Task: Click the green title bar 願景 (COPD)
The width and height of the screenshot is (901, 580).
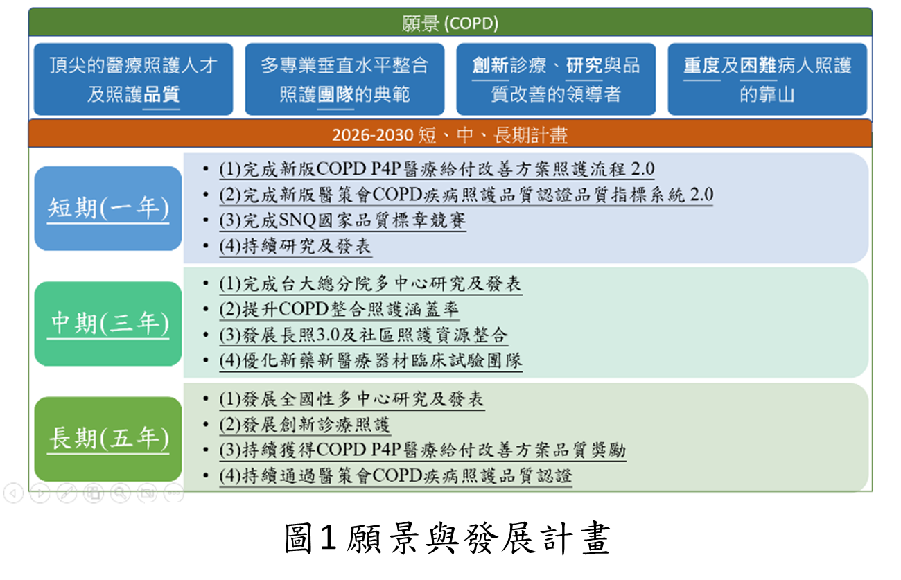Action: click(450, 24)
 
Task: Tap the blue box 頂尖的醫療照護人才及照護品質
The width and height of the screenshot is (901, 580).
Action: click(133, 79)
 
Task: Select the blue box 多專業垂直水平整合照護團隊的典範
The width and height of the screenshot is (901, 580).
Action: click(344, 79)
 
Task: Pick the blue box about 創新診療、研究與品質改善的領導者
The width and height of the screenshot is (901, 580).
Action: click(555, 79)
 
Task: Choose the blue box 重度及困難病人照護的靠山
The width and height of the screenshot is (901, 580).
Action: click(767, 79)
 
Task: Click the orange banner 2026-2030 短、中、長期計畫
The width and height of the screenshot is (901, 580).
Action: click(450, 134)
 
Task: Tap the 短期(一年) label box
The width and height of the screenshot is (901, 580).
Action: click(108, 209)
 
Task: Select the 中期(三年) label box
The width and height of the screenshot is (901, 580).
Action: click(108, 323)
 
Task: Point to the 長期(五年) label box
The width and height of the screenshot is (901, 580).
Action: click(108, 439)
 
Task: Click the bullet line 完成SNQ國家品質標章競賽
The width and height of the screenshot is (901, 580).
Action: click(342, 221)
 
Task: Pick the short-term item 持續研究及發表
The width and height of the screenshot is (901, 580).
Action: click(295, 246)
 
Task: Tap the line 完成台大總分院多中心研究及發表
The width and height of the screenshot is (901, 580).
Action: click(370, 284)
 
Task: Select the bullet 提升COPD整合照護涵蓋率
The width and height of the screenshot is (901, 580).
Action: click(339, 310)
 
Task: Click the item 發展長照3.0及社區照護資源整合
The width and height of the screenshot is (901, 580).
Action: click(363, 335)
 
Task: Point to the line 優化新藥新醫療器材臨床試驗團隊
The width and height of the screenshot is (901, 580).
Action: click(370, 361)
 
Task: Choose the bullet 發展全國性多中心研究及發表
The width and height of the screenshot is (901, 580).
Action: click(351, 399)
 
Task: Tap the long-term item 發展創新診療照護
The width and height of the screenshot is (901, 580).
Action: click(305, 425)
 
